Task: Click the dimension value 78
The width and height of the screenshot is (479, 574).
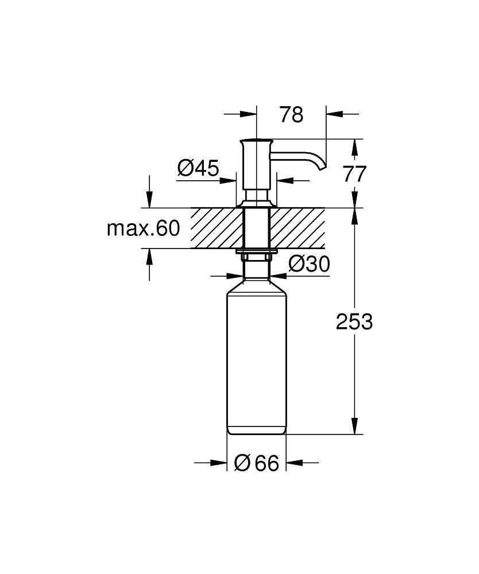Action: pyautogui.click(x=291, y=115)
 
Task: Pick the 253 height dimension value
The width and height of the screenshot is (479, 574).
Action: pyautogui.click(x=354, y=321)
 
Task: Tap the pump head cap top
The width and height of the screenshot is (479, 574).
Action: pyautogui.click(x=257, y=140)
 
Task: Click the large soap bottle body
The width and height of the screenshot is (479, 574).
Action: pyautogui.click(x=257, y=356)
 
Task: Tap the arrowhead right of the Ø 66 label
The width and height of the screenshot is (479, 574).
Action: pyautogui.click(x=295, y=463)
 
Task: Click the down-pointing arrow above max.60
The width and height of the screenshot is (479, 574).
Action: pyautogui.click(x=150, y=200)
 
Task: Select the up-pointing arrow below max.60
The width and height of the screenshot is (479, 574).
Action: pyautogui.click(x=150, y=256)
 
